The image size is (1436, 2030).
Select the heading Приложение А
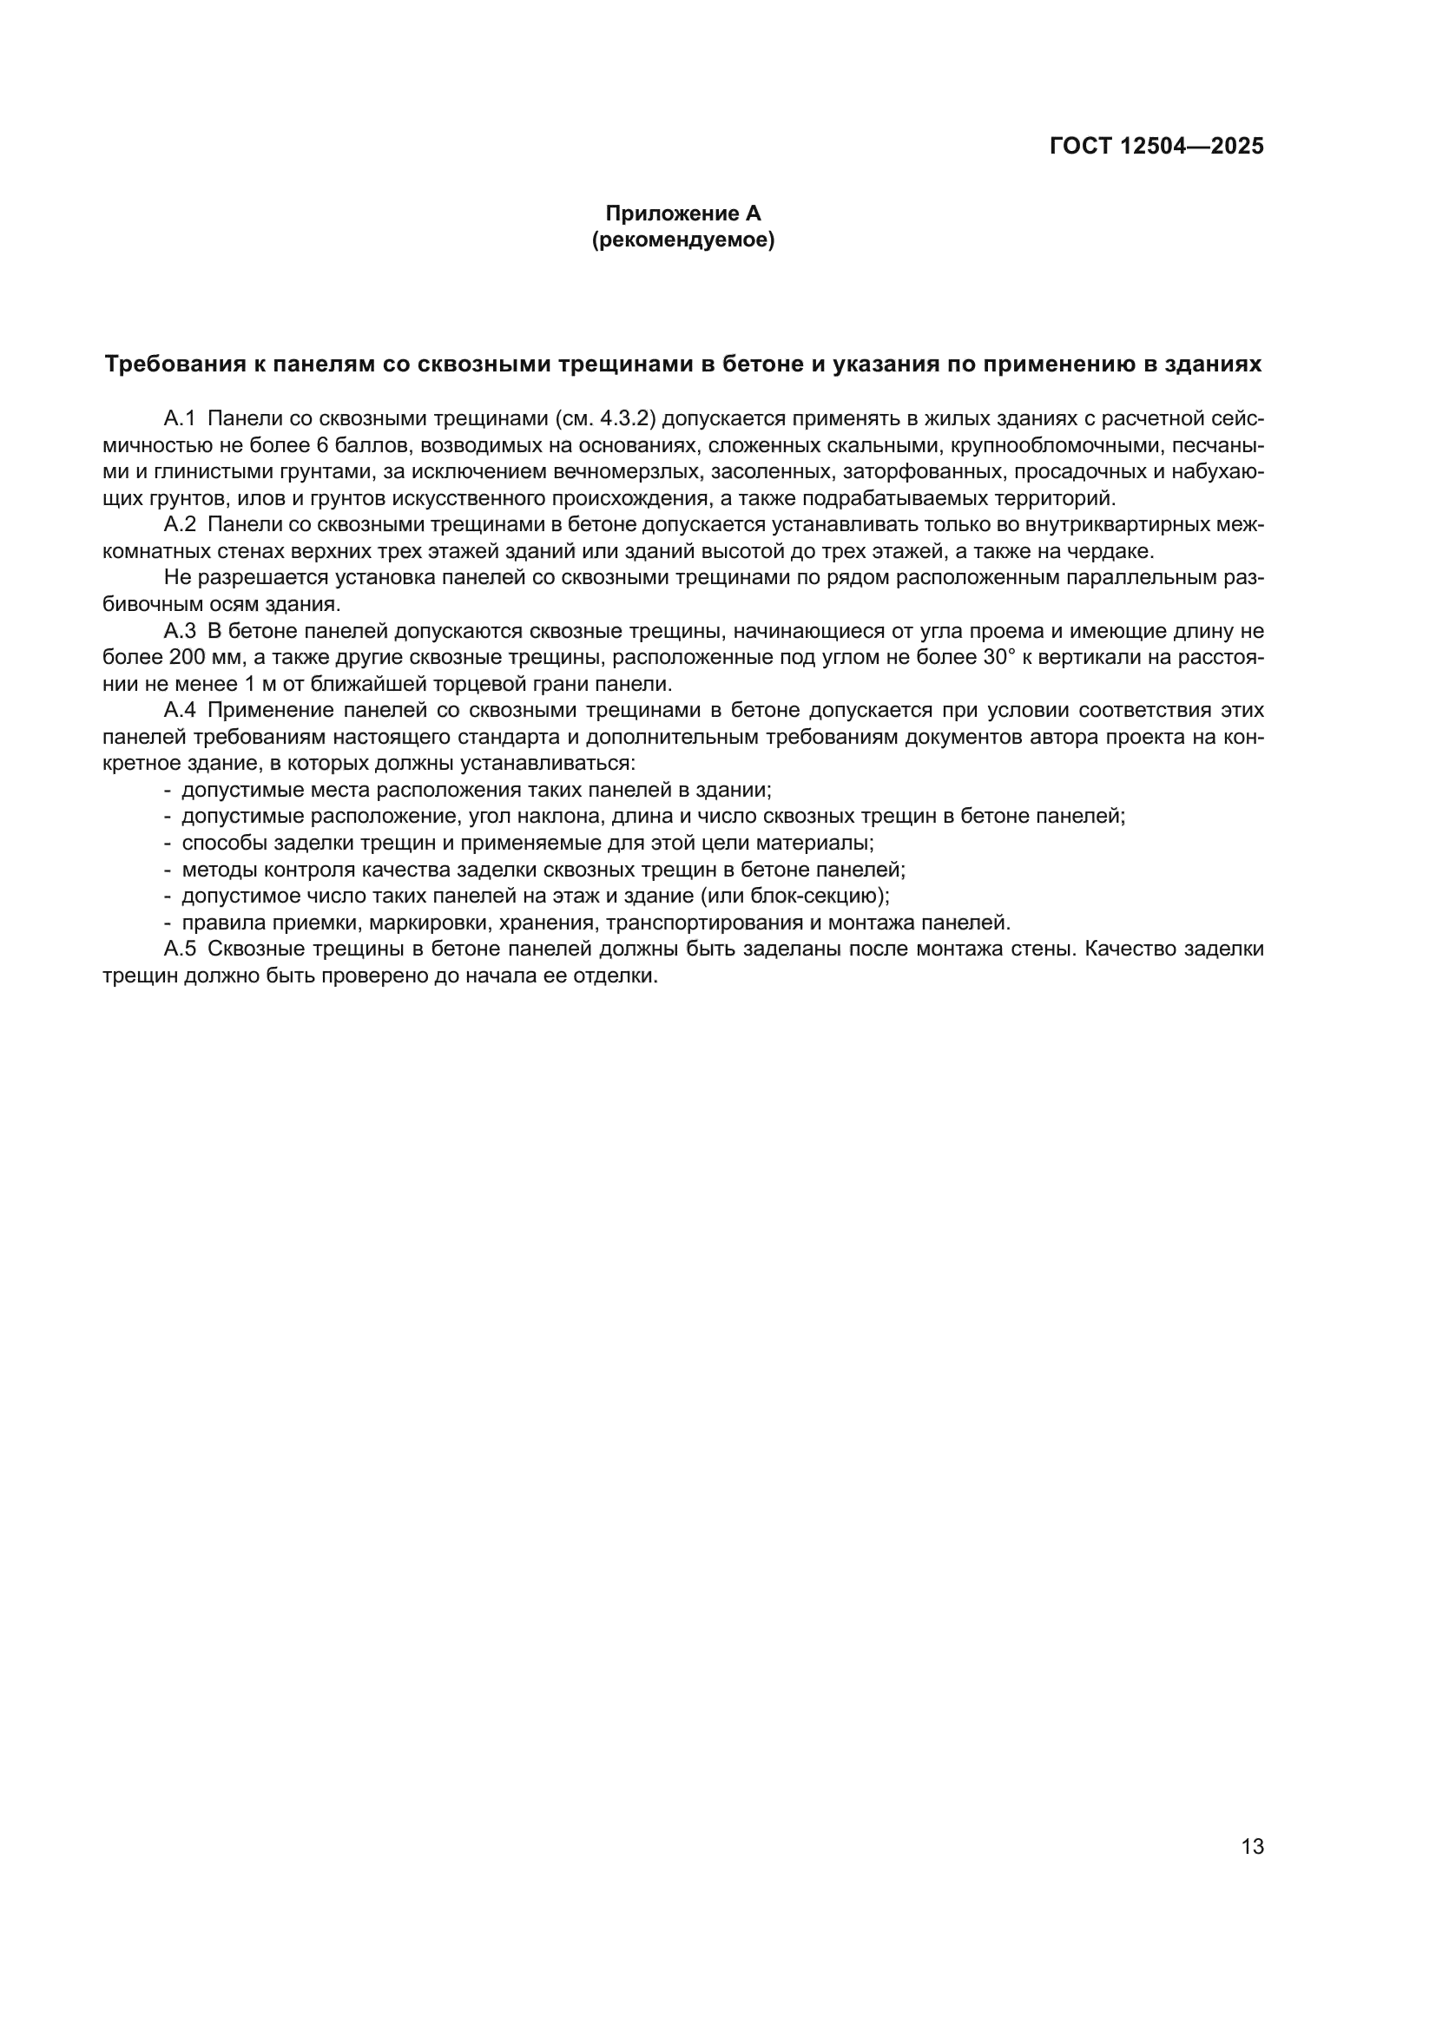(682, 214)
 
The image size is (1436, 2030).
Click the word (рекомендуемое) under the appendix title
(682, 240)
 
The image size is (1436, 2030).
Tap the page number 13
(1252, 1847)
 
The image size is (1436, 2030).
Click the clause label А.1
(180, 418)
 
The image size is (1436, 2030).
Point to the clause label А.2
(180, 525)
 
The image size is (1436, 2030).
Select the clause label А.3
(180, 631)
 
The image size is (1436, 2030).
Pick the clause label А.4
(180, 711)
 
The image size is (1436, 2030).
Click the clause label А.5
(180, 949)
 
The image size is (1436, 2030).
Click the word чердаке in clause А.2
(1117, 552)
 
